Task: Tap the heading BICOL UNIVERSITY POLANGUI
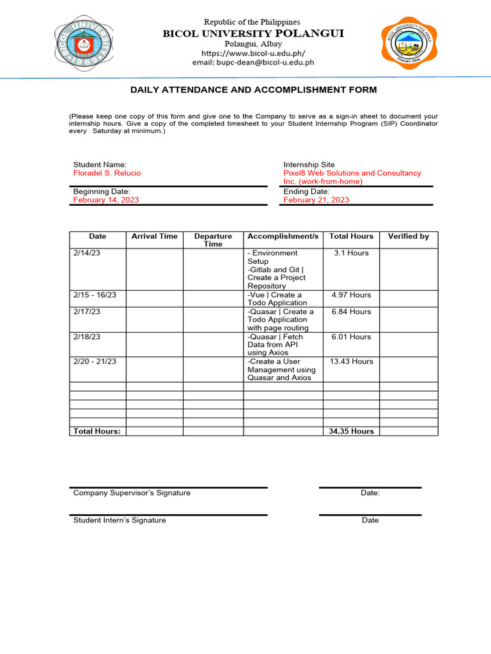(x=254, y=33)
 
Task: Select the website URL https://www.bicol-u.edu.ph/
(x=254, y=53)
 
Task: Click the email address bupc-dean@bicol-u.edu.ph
(x=254, y=63)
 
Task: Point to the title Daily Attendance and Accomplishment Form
(x=254, y=90)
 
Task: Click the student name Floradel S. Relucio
(x=107, y=173)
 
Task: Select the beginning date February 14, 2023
(x=106, y=200)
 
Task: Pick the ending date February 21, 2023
(x=316, y=200)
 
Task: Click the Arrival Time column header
(x=154, y=236)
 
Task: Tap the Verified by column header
(x=409, y=236)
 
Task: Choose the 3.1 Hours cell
(x=351, y=253)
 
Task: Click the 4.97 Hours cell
(x=351, y=295)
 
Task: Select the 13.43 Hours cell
(x=351, y=361)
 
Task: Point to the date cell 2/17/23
(x=87, y=312)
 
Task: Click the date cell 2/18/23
(x=87, y=337)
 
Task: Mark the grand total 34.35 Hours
(x=351, y=431)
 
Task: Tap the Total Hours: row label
(x=97, y=431)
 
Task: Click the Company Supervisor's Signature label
(x=132, y=493)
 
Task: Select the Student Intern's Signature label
(x=120, y=521)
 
